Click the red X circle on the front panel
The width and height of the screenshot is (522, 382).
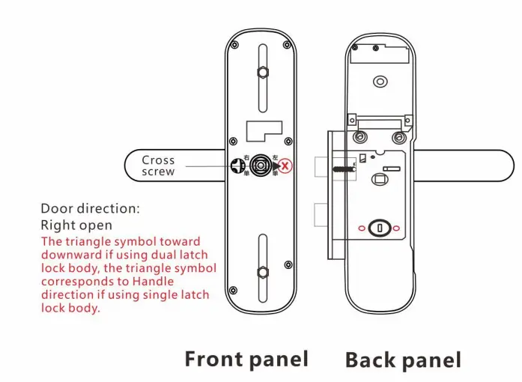[x=285, y=166]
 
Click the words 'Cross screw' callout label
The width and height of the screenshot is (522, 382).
[x=158, y=166]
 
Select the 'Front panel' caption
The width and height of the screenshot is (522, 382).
[x=246, y=359]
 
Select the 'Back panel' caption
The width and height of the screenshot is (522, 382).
[x=403, y=360]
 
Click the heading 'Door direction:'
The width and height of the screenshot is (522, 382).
[x=90, y=208]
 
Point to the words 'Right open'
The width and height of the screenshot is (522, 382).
[x=76, y=225]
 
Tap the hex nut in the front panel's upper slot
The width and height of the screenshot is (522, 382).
[x=263, y=73]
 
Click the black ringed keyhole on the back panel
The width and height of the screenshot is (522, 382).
[x=380, y=228]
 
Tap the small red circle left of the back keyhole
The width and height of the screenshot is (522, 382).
[x=363, y=228]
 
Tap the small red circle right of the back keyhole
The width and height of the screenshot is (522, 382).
[x=397, y=228]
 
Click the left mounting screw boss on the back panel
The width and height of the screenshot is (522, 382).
[x=361, y=137]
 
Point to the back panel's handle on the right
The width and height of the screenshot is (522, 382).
[x=464, y=166]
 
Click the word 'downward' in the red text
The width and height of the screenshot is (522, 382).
[x=64, y=255]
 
